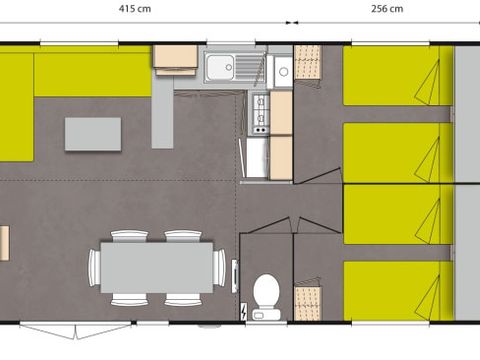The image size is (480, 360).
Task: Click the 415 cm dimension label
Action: click(x=135, y=8)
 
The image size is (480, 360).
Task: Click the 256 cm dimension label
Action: click(x=387, y=8)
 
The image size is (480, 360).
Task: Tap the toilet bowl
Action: click(x=266, y=288)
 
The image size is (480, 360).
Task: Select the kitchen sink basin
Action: click(x=220, y=67)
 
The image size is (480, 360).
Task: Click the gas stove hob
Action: click(x=261, y=114)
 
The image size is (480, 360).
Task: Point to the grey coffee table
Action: click(x=93, y=134)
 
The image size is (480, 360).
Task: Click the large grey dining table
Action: click(x=157, y=267)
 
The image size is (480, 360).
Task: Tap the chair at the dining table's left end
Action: click(x=94, y=267)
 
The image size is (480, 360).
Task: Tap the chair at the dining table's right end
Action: click(x=219, y=267)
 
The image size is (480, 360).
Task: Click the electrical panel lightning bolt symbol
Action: click(x=244, y=312)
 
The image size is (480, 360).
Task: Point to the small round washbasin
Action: click(x=283, y=71)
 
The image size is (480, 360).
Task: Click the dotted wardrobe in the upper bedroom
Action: click(x=307, y=62)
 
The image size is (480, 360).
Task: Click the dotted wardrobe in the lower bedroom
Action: click(x=307, y=303)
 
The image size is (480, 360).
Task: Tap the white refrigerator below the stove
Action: click(x=257, y=158)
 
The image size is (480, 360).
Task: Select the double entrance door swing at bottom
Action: click(x=76, y=330)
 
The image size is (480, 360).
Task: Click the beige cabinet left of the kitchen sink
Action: click(x=175, y=60)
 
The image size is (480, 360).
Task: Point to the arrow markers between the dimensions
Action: click(x=292, y=23)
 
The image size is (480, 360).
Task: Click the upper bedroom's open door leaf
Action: click(x=318, y=175)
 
